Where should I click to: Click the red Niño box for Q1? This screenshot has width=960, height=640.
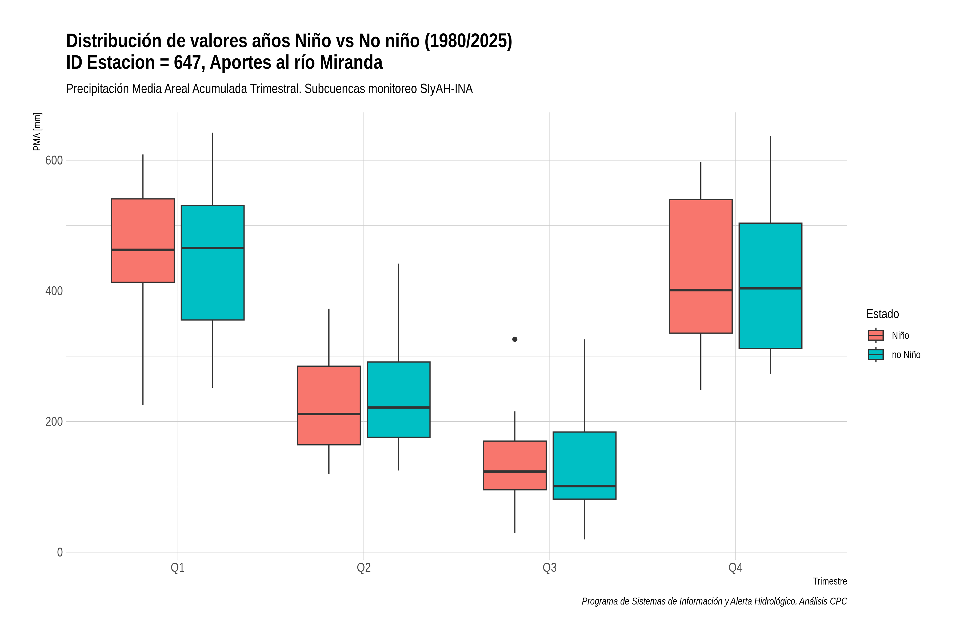pyautogui.click(x=143, y=241)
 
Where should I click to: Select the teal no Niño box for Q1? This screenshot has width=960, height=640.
pyautogui.click(x=213, y=262)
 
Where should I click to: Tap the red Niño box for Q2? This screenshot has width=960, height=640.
pyautogui.click(x=329, y=405)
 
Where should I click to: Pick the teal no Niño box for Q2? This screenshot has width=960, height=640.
pyautogui.click(x=398, y=399)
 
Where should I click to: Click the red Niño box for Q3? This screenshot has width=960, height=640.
pyautogui.click(x=515, y=465)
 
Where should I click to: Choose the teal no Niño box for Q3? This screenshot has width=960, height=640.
pyautogui.click(x=585, y=465)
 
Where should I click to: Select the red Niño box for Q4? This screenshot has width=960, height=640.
pyautogui.click(x=701, y=266)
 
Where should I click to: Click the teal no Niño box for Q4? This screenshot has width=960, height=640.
pyautogui.click(x=771, y=286)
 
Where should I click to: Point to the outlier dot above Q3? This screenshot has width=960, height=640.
pyautogui.click(x=515, y=339)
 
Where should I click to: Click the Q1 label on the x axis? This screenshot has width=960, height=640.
pyautogui.click(x=178, y=567)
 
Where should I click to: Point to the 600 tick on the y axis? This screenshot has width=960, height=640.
pyautogui.click(x=54, y=161)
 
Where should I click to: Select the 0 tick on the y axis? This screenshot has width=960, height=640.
pyautogui.click(x=59, y=552)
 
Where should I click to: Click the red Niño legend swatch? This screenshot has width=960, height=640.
pyautogui.click(x=876, y=335)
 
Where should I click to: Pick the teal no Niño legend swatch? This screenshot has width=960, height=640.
pyautogui.click(x=876, y=354)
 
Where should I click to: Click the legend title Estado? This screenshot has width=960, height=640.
pyautogui.click(x=882, y=314)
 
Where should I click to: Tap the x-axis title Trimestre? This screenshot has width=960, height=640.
pyautogui.click(x=830, y=581)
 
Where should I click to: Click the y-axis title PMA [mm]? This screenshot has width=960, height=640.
pyautogui.click(x=37, y=131)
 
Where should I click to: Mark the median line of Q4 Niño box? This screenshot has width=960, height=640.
pyautogui.click(x=701, y=290)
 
